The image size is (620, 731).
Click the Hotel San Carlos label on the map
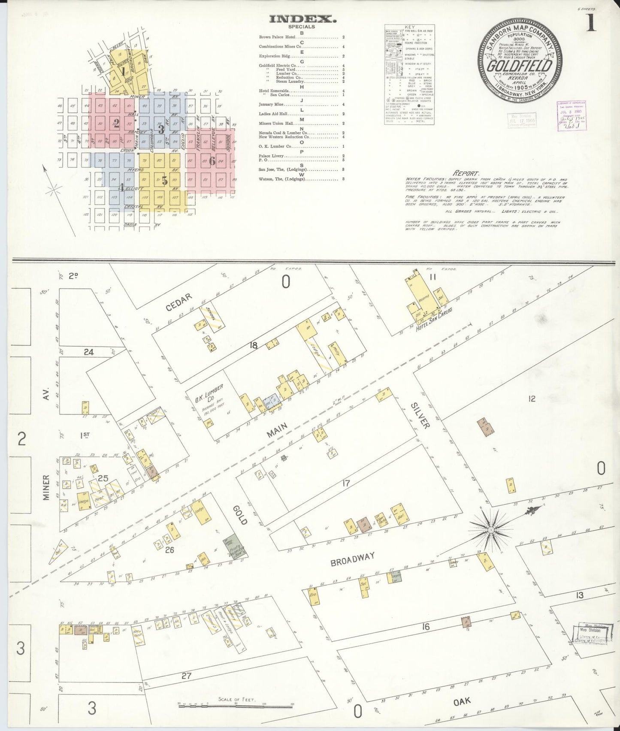tap(430, 326)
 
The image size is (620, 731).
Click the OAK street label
tap(461, 701)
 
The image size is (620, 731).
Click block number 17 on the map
tap(346, 484)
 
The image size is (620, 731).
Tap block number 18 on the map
tap(254, 345)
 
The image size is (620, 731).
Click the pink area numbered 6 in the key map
tap(212, 161)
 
